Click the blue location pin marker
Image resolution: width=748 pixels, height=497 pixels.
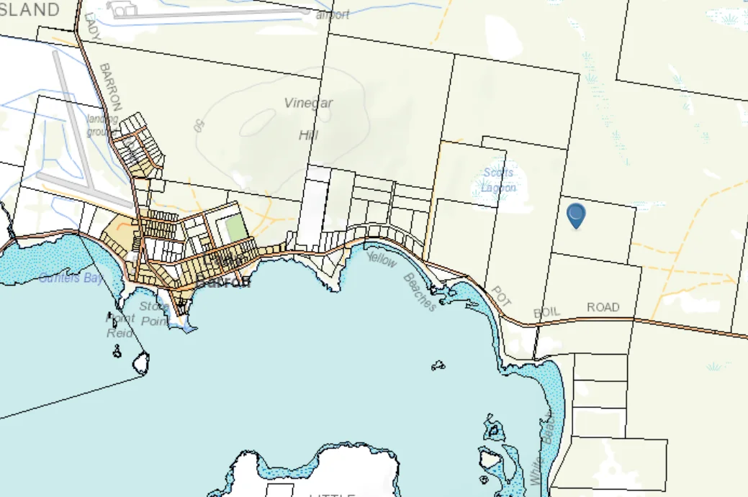tap(576, 215)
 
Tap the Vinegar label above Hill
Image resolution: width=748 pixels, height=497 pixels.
tap(308, 103)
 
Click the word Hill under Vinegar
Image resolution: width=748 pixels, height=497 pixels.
tap(308, 134)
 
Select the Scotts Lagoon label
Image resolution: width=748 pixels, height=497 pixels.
tap(498, 180)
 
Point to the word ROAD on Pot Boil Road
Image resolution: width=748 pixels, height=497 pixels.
tap(603, 307)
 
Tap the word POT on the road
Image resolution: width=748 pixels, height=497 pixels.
tap(500, 295)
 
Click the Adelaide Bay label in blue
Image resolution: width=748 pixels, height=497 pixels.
tap(71, 278)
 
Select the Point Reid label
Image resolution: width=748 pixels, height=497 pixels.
tap(120, 325)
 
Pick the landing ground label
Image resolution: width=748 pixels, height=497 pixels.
tap(102, 125)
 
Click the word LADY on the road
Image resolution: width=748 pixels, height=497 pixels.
tap(91, 27)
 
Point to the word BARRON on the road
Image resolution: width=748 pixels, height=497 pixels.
tap(110, 85)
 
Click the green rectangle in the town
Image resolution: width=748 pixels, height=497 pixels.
tap(235, 229)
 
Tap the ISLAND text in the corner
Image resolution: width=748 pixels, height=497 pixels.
tap(30, 9)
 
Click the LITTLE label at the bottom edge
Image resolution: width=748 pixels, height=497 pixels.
tap(332, 494)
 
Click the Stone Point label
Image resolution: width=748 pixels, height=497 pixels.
tap(154, 314)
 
